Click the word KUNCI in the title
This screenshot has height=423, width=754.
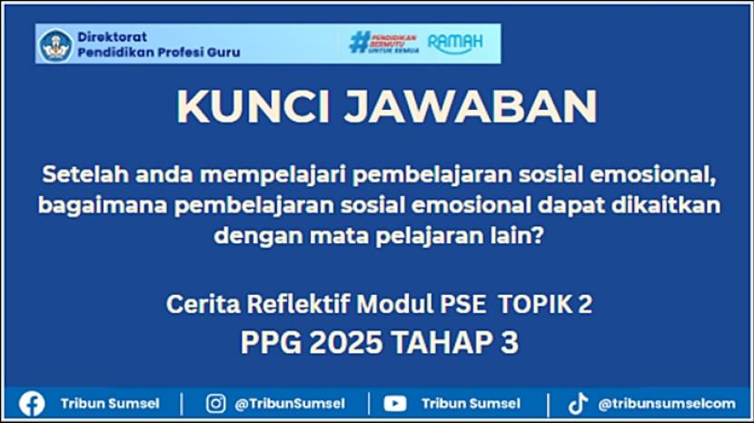pos(253,107)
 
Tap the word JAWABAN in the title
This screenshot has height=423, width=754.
pos(471,107)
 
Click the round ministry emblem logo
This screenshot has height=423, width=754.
pos(55,45)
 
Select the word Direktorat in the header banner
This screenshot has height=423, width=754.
pos(112,37)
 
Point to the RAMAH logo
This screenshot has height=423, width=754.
pos(455,43)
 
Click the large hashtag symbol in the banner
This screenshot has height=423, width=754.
pos(359,43)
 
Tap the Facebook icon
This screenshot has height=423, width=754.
pos(32,403)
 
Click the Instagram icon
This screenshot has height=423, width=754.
pos(216,403)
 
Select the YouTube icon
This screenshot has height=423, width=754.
pos(395,403)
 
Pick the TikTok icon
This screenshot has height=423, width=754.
pos(578,403)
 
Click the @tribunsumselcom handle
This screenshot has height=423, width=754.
pos(667,404)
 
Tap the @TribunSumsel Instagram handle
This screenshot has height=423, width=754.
pos(290,404)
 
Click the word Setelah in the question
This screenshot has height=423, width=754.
pos(85,174)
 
